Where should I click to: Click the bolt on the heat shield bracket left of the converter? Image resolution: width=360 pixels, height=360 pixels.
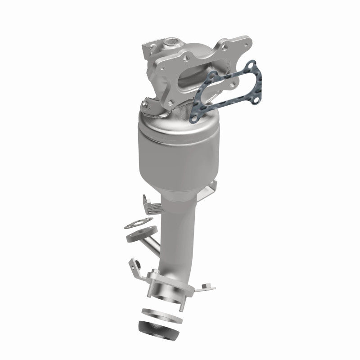click(145, 106)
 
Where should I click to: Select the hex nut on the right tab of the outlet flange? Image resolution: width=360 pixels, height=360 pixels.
click(205, 284)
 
